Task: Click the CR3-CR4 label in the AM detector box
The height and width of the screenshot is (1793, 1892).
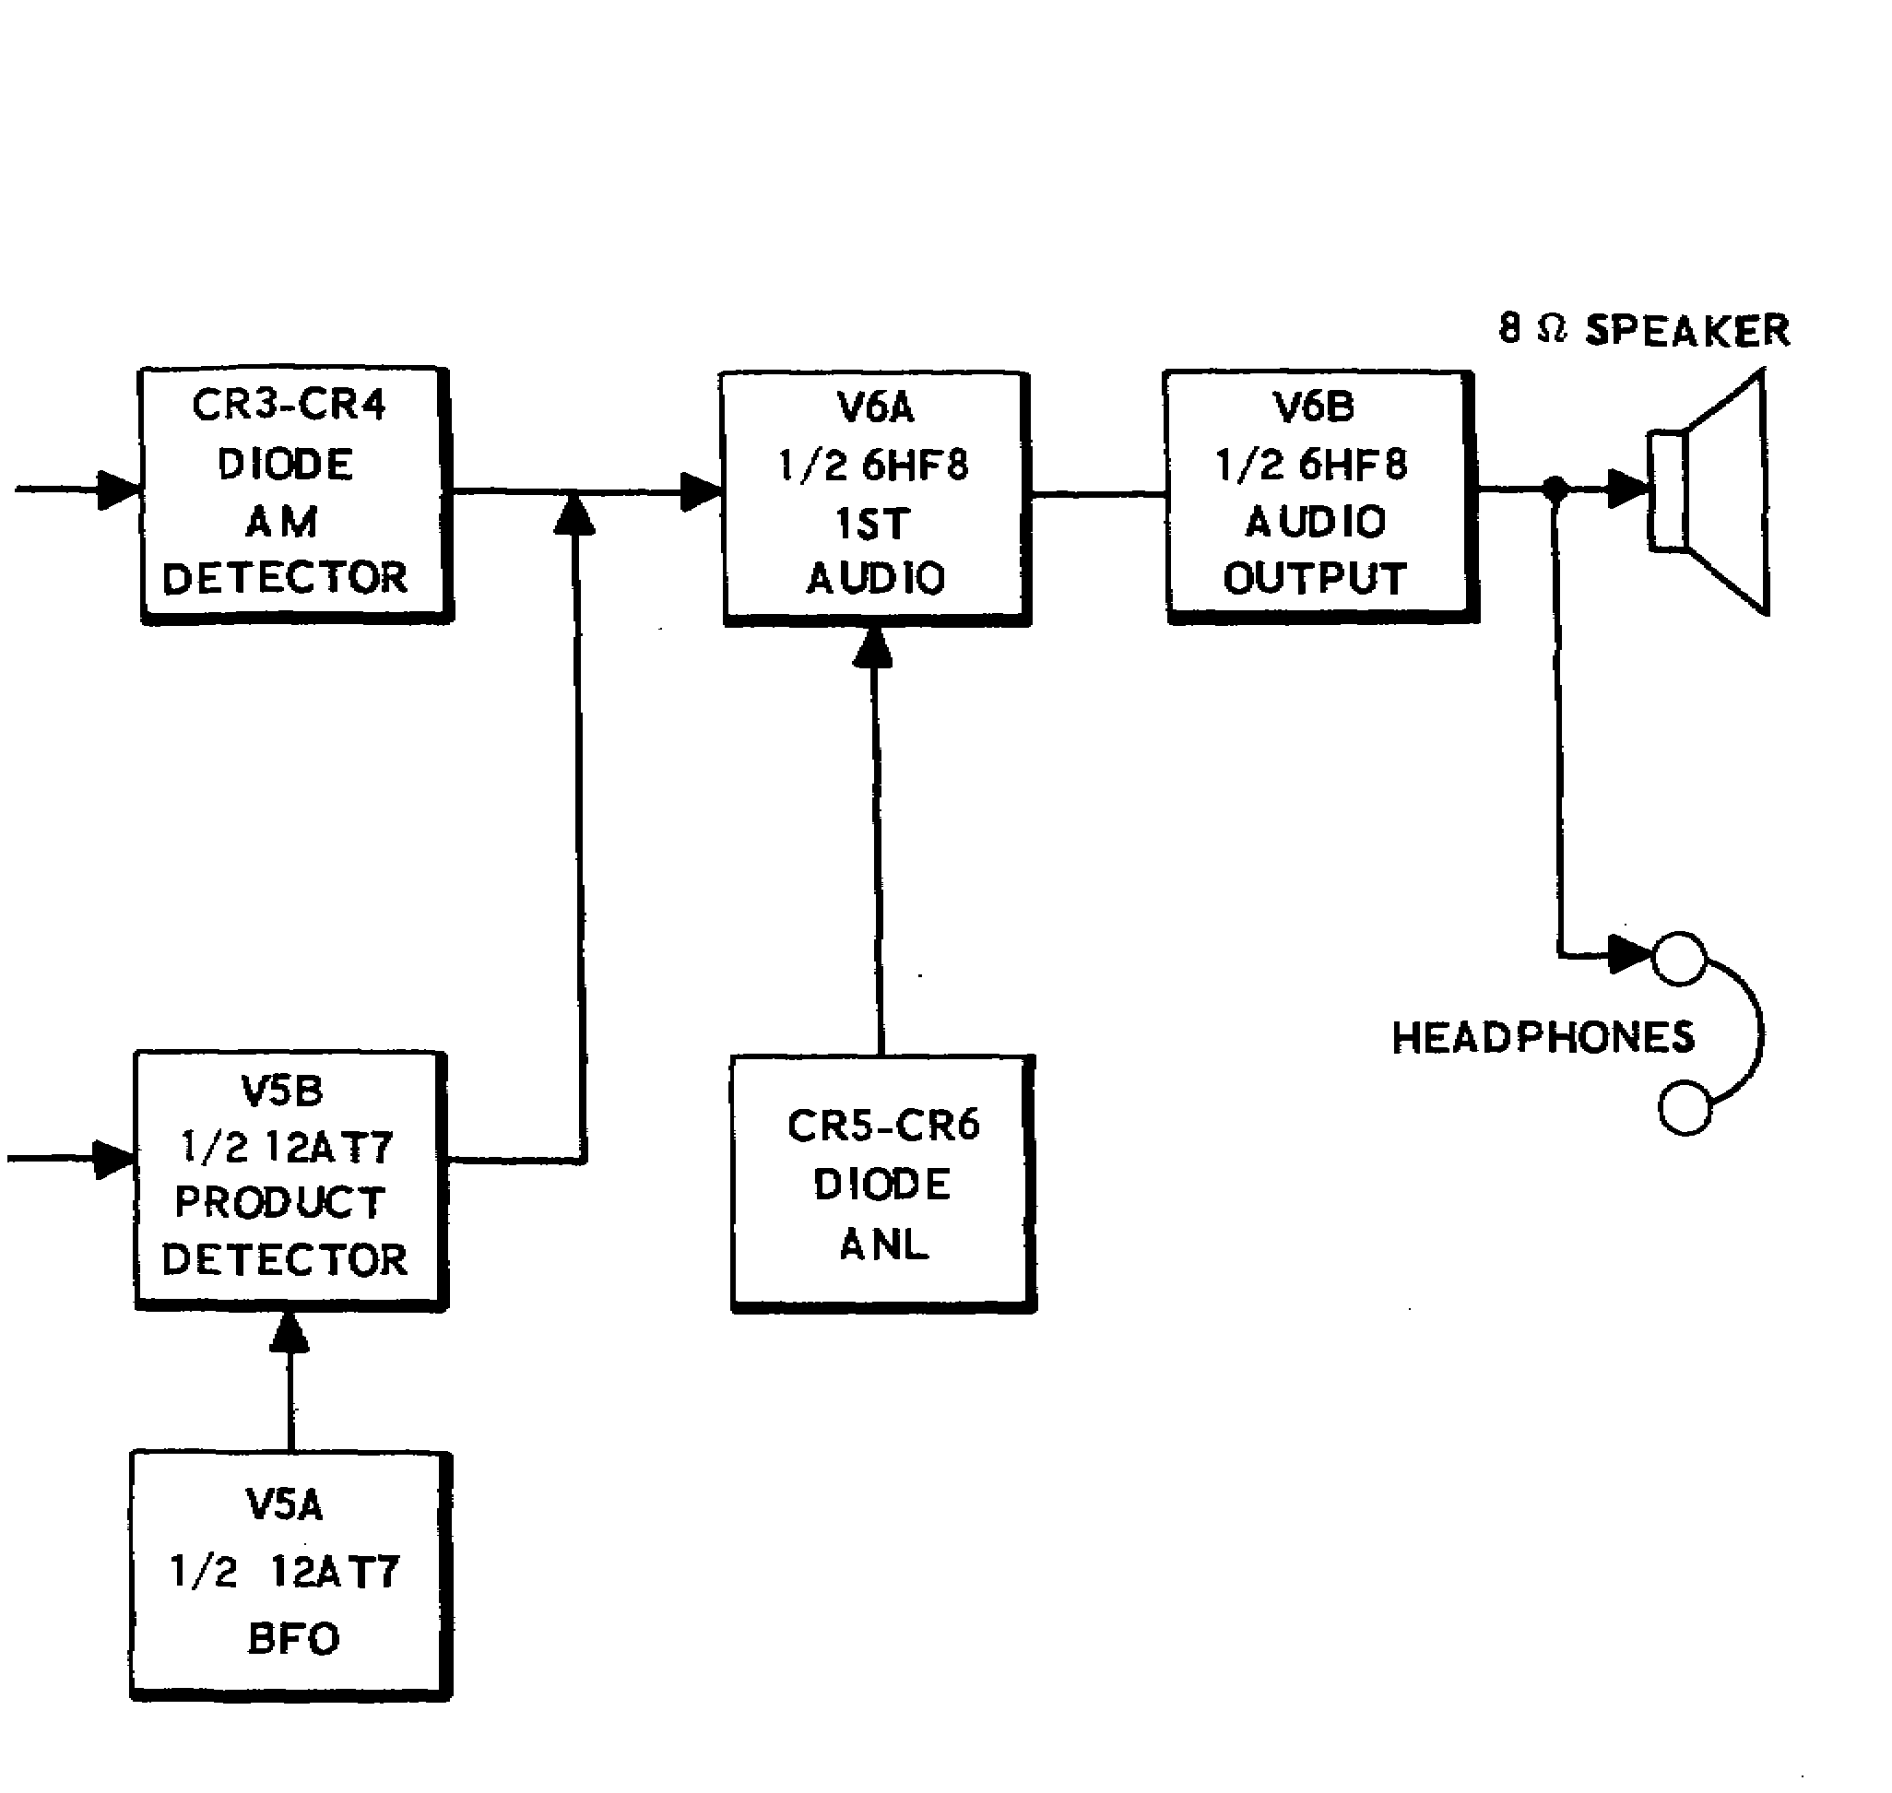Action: click(x=289, y=406)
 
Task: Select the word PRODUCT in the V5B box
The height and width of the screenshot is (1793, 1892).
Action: click(x=280, y=1202)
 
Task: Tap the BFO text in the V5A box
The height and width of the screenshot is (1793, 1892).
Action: click(x=293, y=1638)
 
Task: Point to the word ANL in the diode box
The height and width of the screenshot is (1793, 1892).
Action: click(x=884, y=1244)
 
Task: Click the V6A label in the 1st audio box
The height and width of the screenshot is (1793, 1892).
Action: click(x=876, y=408)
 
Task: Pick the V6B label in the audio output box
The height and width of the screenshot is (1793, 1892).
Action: click(x=1314, y=407)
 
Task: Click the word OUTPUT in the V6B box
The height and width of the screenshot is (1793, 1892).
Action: click(x=1315, y=578)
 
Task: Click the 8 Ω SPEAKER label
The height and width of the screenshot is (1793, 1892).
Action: click(x=1643, y=331)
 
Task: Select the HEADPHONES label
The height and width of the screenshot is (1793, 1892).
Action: click(x=1542, y=1038)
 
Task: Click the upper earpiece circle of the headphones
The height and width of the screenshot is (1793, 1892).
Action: click(x=1679, y=958)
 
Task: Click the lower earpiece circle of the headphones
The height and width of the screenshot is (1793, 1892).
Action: click(x=1685, y=1108)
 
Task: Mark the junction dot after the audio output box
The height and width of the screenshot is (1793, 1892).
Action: click(x=1555, y=490)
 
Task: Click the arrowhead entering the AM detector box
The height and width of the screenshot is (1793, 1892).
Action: click(x=119, y=490)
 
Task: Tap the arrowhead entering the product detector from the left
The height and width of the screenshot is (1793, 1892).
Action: click(x=112, y=1160)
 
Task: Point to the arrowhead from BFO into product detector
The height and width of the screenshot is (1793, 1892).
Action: click(x=289, y=1332)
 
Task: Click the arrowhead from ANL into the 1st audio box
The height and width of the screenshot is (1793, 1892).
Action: click(x=872, y=648)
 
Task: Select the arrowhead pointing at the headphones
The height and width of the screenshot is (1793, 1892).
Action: click(x=1629, y=953)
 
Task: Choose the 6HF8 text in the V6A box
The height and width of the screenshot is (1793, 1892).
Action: click(x=915, y=466)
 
